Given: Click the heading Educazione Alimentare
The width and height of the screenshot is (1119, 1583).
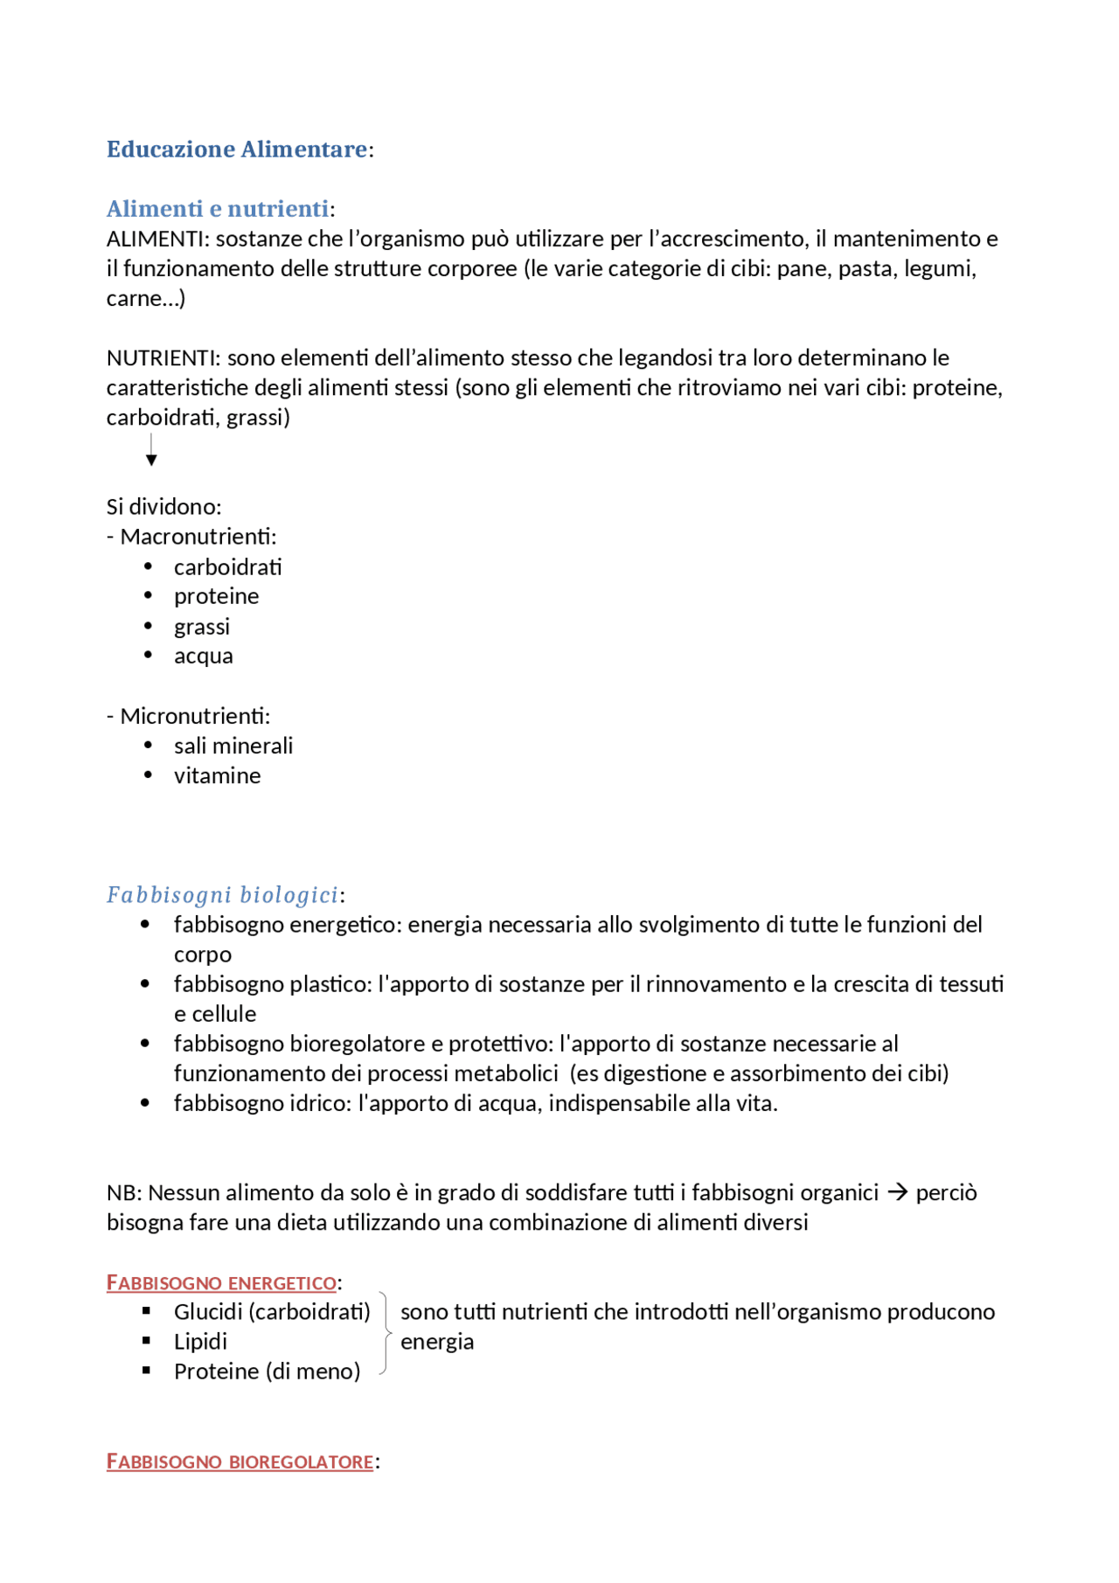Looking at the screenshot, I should [236, 149].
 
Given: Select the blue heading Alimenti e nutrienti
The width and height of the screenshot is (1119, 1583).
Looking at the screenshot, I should [218, 209].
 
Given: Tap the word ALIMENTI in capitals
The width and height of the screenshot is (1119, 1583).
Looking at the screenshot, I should [155, 239].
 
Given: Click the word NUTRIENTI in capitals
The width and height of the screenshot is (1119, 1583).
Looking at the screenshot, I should [163, 358].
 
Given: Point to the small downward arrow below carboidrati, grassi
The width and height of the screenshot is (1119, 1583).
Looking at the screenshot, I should [151, 450].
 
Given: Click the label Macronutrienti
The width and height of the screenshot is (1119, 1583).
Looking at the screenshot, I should [198, 537].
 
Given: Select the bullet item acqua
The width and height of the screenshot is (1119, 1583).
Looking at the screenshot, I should [203, 656].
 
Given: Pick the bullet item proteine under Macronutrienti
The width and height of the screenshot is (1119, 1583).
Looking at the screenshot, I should [216, 596].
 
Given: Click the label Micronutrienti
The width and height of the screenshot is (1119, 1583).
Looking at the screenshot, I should [195, 716].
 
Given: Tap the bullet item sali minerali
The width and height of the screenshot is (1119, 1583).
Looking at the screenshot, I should [233, 746].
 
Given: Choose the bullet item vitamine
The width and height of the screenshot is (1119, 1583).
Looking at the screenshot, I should [217, 775].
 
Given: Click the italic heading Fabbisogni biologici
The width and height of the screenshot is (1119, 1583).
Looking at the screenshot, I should [222, 895].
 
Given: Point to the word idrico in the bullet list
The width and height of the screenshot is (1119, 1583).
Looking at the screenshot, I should [319, 1103].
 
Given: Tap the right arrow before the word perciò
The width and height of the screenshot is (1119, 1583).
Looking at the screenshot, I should [897, 1192].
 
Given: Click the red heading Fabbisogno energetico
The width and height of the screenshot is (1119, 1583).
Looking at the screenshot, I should [221, 1282].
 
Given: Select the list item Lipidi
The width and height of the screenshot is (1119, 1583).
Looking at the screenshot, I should [200, 1341].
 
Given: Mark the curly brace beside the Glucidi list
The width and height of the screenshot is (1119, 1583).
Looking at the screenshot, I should [385, 1333].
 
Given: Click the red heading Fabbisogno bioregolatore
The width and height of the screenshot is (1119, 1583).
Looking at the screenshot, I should [240, 1461].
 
